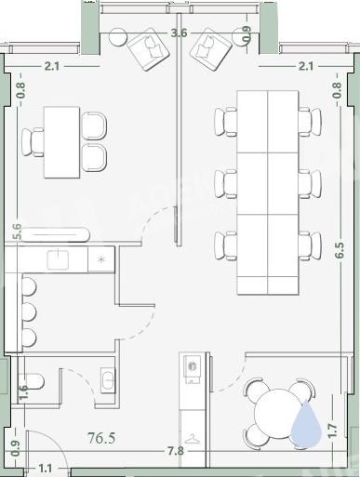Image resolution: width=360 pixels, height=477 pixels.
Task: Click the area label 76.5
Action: [101, 438]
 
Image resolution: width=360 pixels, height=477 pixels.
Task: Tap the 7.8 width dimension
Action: [176, 451]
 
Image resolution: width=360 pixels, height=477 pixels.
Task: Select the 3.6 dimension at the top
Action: [180, 33]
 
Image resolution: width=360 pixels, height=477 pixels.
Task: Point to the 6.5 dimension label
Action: [340, 250]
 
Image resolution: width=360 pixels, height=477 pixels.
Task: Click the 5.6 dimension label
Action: [18, 232]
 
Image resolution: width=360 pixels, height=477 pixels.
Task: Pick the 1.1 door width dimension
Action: [46, 468]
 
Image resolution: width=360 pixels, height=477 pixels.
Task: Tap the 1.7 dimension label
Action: [332, 431]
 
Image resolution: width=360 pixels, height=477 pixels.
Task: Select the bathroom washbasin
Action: [108, 378]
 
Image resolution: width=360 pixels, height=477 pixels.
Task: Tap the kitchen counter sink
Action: [58, 259]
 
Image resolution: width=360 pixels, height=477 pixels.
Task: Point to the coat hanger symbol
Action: [193, 439]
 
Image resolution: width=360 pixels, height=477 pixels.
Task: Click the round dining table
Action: [278, 413]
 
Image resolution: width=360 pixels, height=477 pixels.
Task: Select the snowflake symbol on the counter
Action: [101, 259]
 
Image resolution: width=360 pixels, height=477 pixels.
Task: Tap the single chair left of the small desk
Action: [33, 142]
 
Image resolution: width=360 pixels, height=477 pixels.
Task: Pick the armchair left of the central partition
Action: [148, 48]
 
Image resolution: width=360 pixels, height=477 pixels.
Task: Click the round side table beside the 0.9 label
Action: [242, 36]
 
